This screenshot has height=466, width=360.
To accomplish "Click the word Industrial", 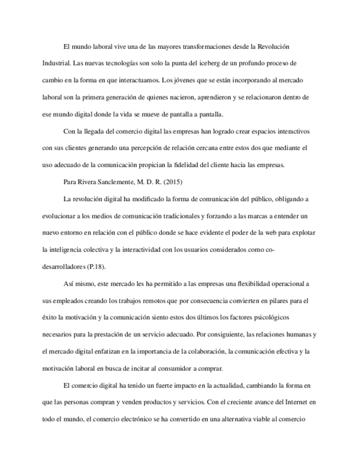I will point(56,63).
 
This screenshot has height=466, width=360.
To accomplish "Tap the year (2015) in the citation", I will point(175,181).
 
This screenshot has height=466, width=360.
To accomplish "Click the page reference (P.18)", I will point(97,267).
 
